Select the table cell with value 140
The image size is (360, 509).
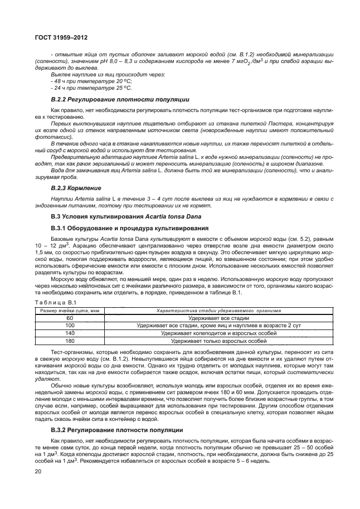click(70, 332)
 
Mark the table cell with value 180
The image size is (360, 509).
click(70, 340)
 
